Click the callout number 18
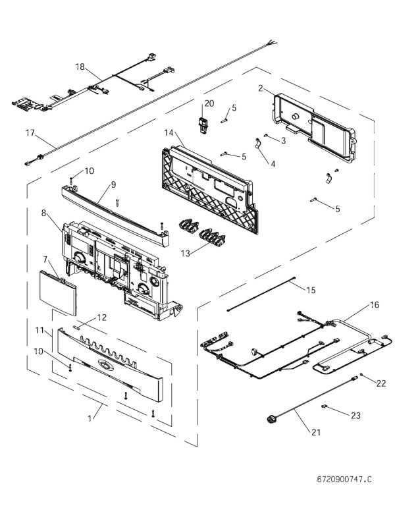pyautogui.click(x=80, y=67)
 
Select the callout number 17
pyautogui.click(x=30, y=132)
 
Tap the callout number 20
pyautogui.click(x=209, y=103)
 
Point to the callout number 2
pyautogui.click(x=261, y=88)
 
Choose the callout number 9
pyautogui.click(x=113, y=185)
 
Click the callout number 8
pyautogui.click(x=45, y=213)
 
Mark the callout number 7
pyautogui.click(x=45, y=259)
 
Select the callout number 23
pyautogui.click(x=356, y=416)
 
